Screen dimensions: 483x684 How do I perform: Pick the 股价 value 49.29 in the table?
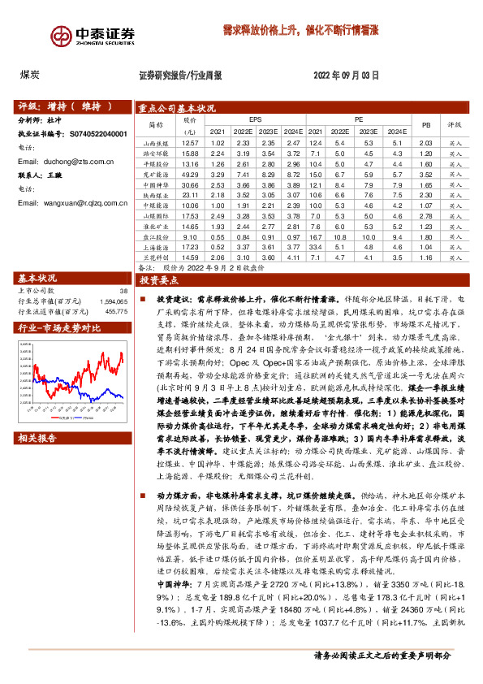tap(190, 175)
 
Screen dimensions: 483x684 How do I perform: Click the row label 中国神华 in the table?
tap(156, 185)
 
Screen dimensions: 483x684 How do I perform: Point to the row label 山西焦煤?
tap(156, 143)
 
